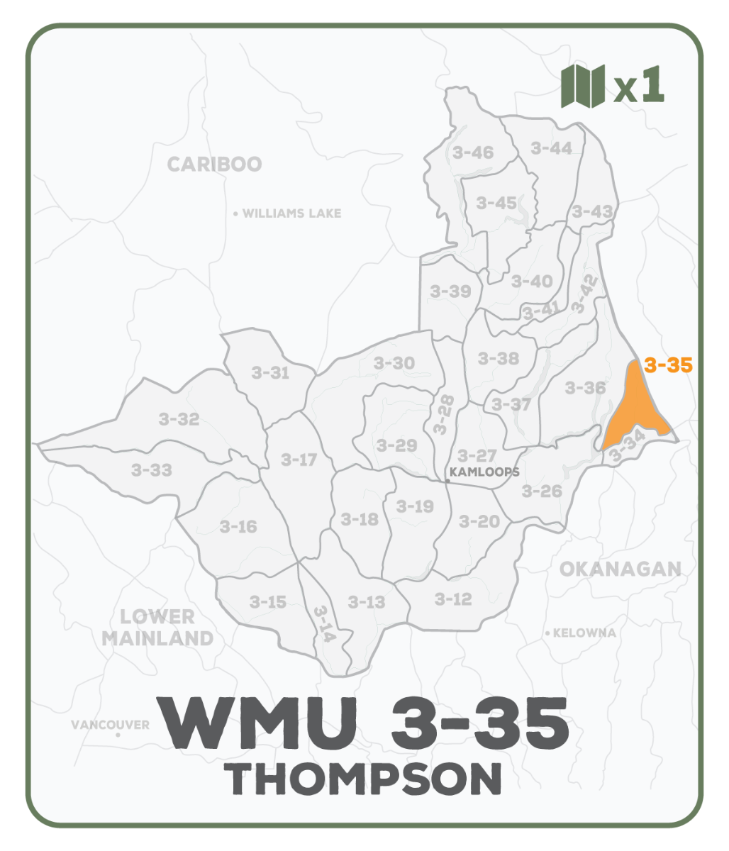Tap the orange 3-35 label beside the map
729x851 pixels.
(668, 366)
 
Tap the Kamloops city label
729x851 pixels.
(486, 472)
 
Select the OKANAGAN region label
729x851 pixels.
(620, 569)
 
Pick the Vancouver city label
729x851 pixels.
(110, 725)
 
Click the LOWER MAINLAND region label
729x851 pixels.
(157, 627)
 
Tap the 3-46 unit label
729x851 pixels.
(472, 152)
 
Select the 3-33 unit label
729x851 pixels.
(152, 469)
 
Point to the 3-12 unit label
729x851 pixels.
(452, 599)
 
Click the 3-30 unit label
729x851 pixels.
(394, 363)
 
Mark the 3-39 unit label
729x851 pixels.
(450, 291)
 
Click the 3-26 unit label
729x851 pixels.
(542, 491)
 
